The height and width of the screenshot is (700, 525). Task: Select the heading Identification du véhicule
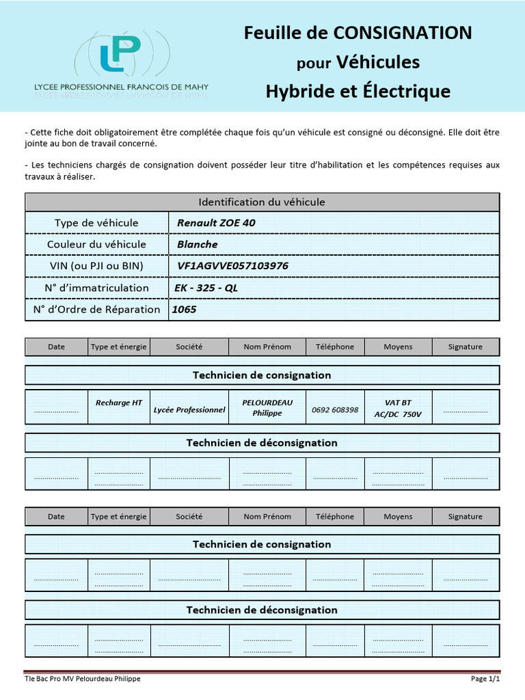262,202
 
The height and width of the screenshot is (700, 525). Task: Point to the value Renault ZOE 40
217,223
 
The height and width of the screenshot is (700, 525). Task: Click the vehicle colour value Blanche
198,244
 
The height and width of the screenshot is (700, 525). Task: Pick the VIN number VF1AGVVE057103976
232,266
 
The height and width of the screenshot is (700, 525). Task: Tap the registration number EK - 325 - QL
206,288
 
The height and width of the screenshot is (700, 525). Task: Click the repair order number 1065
184,310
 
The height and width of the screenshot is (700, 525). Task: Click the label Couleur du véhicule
96,244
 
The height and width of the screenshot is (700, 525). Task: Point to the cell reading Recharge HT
119,403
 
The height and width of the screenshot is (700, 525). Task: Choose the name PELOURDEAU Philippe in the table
267,407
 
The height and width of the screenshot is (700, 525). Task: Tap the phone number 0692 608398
335,409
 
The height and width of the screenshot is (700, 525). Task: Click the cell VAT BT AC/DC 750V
398,408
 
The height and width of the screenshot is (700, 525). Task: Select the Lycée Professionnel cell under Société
189,409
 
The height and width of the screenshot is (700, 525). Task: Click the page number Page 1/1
486,679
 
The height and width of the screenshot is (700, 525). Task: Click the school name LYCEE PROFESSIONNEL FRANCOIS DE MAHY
122,87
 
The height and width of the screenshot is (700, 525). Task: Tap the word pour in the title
314,64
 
